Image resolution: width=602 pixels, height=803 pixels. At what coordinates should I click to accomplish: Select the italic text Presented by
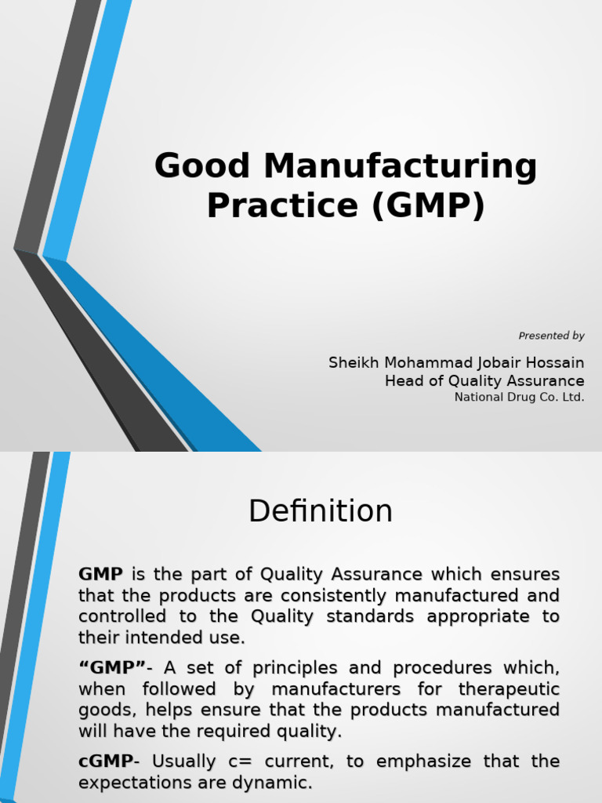551,336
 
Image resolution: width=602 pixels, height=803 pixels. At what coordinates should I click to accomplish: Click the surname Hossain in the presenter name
556,363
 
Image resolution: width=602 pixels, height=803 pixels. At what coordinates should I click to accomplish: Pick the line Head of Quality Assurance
484,381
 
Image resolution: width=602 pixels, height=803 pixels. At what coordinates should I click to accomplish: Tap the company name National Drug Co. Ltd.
519,397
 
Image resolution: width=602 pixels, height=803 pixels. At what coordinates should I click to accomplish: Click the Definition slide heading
321,511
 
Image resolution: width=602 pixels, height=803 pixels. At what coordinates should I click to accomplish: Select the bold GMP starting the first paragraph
100,575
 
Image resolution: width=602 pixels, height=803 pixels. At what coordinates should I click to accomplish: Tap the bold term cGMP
105,761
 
